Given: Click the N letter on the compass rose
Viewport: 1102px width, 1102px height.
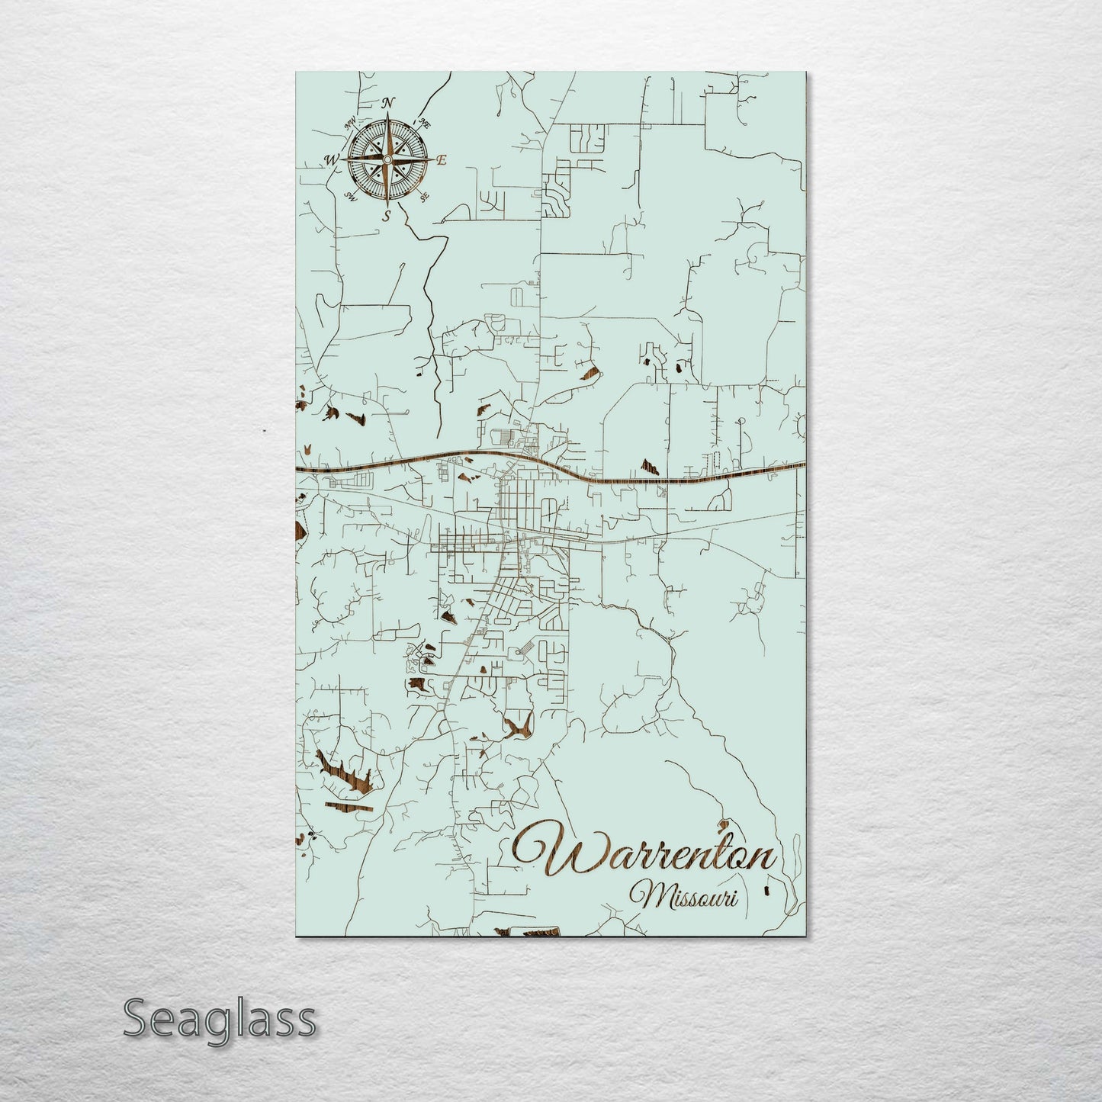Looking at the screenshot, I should tap(389, 103).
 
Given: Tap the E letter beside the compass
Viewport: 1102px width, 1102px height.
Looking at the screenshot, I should tap(441, 160).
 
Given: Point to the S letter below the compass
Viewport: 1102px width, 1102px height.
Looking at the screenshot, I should tap(387, 216).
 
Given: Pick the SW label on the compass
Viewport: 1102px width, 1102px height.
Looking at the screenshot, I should tap(352, 196).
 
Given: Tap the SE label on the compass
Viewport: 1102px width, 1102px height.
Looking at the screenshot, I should tap(424, 196).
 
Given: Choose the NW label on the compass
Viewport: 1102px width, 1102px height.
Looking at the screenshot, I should tap(351, 122).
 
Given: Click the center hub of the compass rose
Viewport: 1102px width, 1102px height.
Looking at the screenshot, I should tap(387, 159).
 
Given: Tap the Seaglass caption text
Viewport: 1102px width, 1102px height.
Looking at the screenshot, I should tap(219, 1018).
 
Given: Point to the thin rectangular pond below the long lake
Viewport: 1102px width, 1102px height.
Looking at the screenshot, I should tap(349, 804).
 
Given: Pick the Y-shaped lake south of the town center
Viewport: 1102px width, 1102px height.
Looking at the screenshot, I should tap(519, 725).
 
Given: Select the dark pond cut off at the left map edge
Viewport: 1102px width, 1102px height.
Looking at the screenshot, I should tap(299, 529).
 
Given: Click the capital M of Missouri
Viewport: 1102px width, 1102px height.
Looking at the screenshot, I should tap(640, 895).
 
